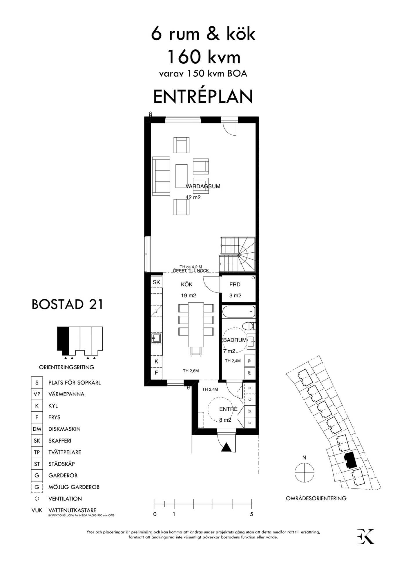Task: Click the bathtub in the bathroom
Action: tap(239, 312)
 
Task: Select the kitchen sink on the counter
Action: tap(156, 338)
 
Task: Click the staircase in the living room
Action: tap(238, 254)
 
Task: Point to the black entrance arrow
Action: tap(226, 448)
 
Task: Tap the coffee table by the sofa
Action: tap(182, 176)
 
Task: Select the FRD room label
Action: tap(235, 285)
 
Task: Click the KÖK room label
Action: tap(187, 285)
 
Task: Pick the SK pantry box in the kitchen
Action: tap(156, 282)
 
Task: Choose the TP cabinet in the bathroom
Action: tap(250, 360)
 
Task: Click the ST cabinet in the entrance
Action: tap(250, 411)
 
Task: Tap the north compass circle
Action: tap(304, 473)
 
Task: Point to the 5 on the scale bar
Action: tap(251, 514)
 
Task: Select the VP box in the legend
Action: tap(37, 394)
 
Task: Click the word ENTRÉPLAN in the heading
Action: tap(203, 97)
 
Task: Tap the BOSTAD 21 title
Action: tap(67, 304)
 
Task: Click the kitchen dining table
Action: tap(196, 325)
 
